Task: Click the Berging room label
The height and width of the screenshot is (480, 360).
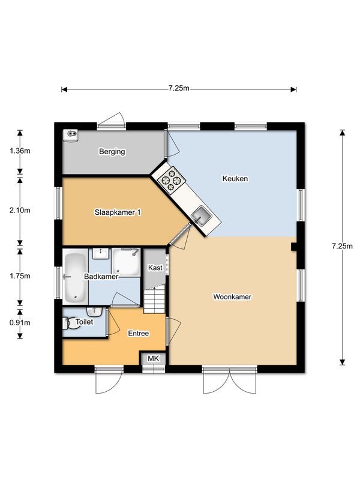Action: click(x=112, y=152)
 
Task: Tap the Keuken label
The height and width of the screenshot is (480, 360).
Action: click(x=235, y=178)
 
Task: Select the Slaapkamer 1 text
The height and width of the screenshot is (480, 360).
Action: click(x=118, y=212)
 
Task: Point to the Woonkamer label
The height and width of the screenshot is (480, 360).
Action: click(x=232, y=296)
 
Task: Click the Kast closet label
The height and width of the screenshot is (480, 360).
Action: click(x=155, y=268)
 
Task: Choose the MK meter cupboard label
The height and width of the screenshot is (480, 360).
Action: click(x=154, y=358)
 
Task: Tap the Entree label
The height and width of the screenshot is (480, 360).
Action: click(x=139, y=334)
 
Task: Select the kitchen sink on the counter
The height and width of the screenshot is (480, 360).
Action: click(x=202, y=215)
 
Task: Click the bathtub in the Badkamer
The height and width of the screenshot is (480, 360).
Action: click(x=76, y=277)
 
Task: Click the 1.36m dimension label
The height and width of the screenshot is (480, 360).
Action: click(x=20, y=151)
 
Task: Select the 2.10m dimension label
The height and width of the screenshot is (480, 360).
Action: click(x=20, y=211)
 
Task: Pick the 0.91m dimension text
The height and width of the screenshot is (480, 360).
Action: click(x=20, y=323)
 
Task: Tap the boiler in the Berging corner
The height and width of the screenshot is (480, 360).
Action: click(x=70, y=135)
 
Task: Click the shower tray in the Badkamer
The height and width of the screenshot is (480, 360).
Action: click(x=125, y=262)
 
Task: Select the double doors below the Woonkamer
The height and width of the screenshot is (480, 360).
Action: click(x=230, y=380)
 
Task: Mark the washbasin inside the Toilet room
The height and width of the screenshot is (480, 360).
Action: click(x=94, y=311)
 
